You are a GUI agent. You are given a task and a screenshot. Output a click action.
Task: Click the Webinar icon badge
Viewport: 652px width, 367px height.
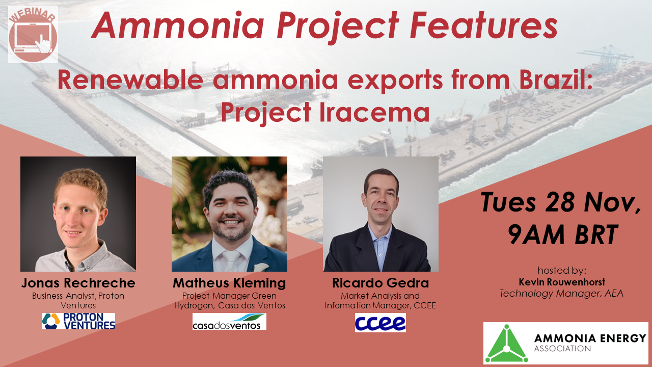pos(33,34)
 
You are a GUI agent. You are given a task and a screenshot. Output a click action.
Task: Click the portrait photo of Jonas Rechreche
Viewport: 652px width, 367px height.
pos(78,214)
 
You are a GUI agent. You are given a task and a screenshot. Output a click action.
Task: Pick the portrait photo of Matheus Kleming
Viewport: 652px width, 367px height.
pos(229,214)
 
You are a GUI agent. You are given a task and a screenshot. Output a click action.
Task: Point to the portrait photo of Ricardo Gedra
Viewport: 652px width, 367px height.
pos(381,214)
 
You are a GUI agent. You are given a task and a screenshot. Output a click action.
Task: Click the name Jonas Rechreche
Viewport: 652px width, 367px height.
pos(78,283)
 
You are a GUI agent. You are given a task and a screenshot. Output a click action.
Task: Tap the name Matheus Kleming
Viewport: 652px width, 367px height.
pos(229,283)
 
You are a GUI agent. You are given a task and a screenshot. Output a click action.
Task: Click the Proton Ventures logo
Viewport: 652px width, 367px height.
pos(78,321)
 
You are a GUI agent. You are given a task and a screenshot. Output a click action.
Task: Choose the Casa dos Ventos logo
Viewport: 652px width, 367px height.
pos(229,322)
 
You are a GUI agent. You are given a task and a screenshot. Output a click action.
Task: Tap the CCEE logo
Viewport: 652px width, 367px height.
pos(380,322)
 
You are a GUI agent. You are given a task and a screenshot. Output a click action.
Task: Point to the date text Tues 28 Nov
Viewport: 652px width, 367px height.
pos(561,203)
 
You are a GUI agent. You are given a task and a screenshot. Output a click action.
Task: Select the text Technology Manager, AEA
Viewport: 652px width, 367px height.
pos(561,293)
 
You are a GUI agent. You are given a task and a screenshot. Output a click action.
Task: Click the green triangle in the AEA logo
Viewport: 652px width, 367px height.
pos(506,343)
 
